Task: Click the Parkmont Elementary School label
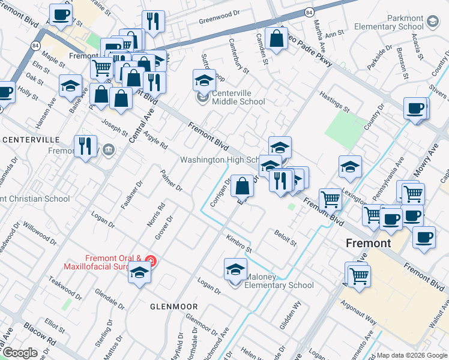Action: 388,23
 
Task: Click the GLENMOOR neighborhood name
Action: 174,307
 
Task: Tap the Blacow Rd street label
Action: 40,336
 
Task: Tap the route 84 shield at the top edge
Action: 309,12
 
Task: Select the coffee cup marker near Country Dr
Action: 415,109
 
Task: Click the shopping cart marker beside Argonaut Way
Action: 358,275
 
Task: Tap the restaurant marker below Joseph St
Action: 85,146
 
